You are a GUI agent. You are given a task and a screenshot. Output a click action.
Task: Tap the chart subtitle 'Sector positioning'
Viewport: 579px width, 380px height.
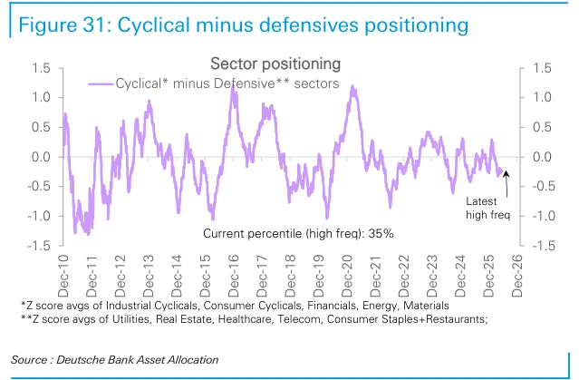275,64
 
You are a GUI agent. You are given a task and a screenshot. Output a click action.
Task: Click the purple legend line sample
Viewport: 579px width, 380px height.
101,84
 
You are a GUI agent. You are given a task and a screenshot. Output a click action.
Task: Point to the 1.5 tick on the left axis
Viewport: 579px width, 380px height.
41,68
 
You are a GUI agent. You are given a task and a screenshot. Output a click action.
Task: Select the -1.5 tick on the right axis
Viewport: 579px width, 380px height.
544,246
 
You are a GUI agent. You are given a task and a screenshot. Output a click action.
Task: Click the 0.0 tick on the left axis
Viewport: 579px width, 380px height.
41,157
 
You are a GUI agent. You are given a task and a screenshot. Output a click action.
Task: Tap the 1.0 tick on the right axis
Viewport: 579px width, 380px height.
542,98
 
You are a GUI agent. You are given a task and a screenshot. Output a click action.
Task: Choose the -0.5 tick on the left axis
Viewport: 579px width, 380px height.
39,186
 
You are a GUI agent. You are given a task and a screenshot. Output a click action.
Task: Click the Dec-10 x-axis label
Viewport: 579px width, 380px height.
63,276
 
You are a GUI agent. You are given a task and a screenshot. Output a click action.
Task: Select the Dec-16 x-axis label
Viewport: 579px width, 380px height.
234,276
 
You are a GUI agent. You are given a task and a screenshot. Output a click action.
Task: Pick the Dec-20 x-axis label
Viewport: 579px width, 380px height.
347,276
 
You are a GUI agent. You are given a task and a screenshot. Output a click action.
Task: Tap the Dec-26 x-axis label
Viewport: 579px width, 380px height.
517,276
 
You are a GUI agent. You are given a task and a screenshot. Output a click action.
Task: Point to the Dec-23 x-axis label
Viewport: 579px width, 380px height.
432,276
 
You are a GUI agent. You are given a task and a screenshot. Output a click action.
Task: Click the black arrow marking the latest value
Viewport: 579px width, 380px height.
507,184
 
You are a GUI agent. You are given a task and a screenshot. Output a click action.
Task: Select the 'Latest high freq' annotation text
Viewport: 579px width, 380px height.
487,208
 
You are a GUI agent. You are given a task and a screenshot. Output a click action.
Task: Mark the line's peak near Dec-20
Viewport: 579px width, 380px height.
352,87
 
